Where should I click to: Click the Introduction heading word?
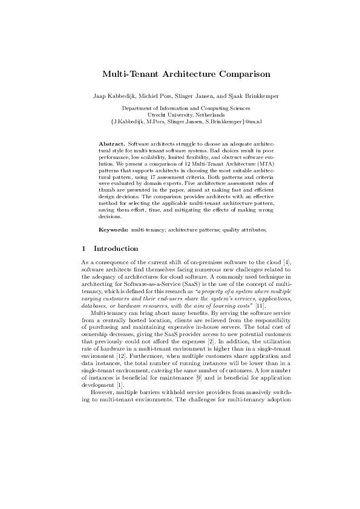[x=116, y=248]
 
